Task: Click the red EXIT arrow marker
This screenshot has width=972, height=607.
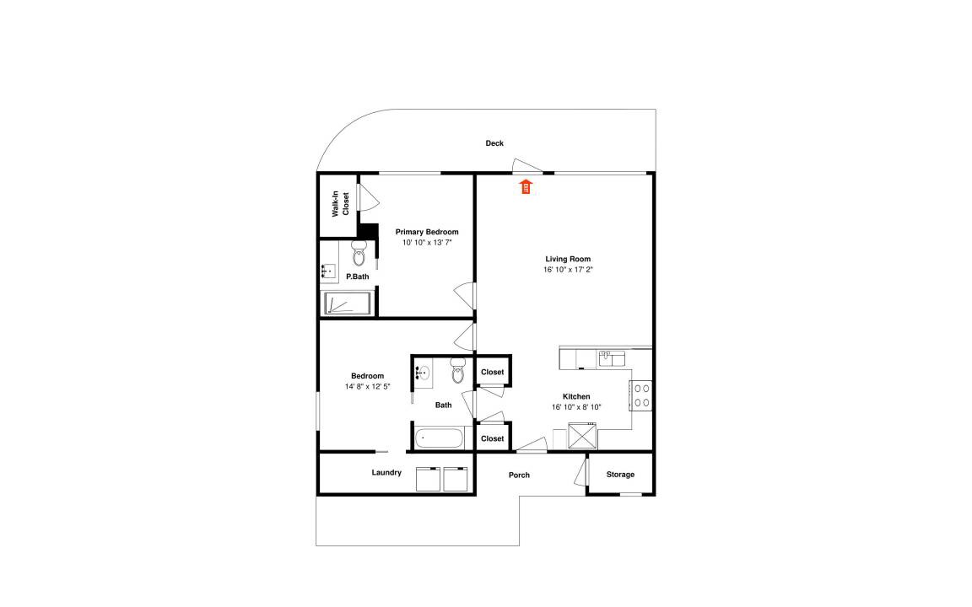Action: click(x=526, y=185)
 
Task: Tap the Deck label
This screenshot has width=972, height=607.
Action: click(x=494, y=143)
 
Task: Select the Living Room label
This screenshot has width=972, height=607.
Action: click(x=568, y=259)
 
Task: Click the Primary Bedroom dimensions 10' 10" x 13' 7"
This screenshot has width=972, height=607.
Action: click(x=427, y=243)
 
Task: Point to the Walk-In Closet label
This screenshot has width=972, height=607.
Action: click(x=340, y=204)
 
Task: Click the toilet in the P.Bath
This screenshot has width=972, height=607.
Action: click(x=359, y=253)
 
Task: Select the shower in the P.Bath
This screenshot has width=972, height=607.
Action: click(x=348, y=303)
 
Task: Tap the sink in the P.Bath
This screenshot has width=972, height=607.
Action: click(x=328, y=271)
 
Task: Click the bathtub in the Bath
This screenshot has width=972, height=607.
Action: click(x=439, y=438)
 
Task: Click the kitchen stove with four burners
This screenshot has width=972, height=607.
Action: click(x=641, y=395)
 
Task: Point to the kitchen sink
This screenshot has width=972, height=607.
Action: click(x=612, y=358)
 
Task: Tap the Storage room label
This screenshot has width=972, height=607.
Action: click(x=620, y=475)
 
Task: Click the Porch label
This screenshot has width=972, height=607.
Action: click(x=520, y=475)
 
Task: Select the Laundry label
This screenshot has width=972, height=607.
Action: click(x=386, y=473)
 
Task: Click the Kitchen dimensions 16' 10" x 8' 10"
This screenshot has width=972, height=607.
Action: click(x=576, y=407)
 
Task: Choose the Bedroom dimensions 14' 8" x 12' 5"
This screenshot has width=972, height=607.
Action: click(x=368, y=386)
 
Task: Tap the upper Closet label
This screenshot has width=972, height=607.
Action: click(x=493, y=373)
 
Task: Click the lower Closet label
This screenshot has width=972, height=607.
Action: click(x=493, y=438)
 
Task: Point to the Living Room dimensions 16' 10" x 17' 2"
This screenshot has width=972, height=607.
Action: click(x=568, y=270)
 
